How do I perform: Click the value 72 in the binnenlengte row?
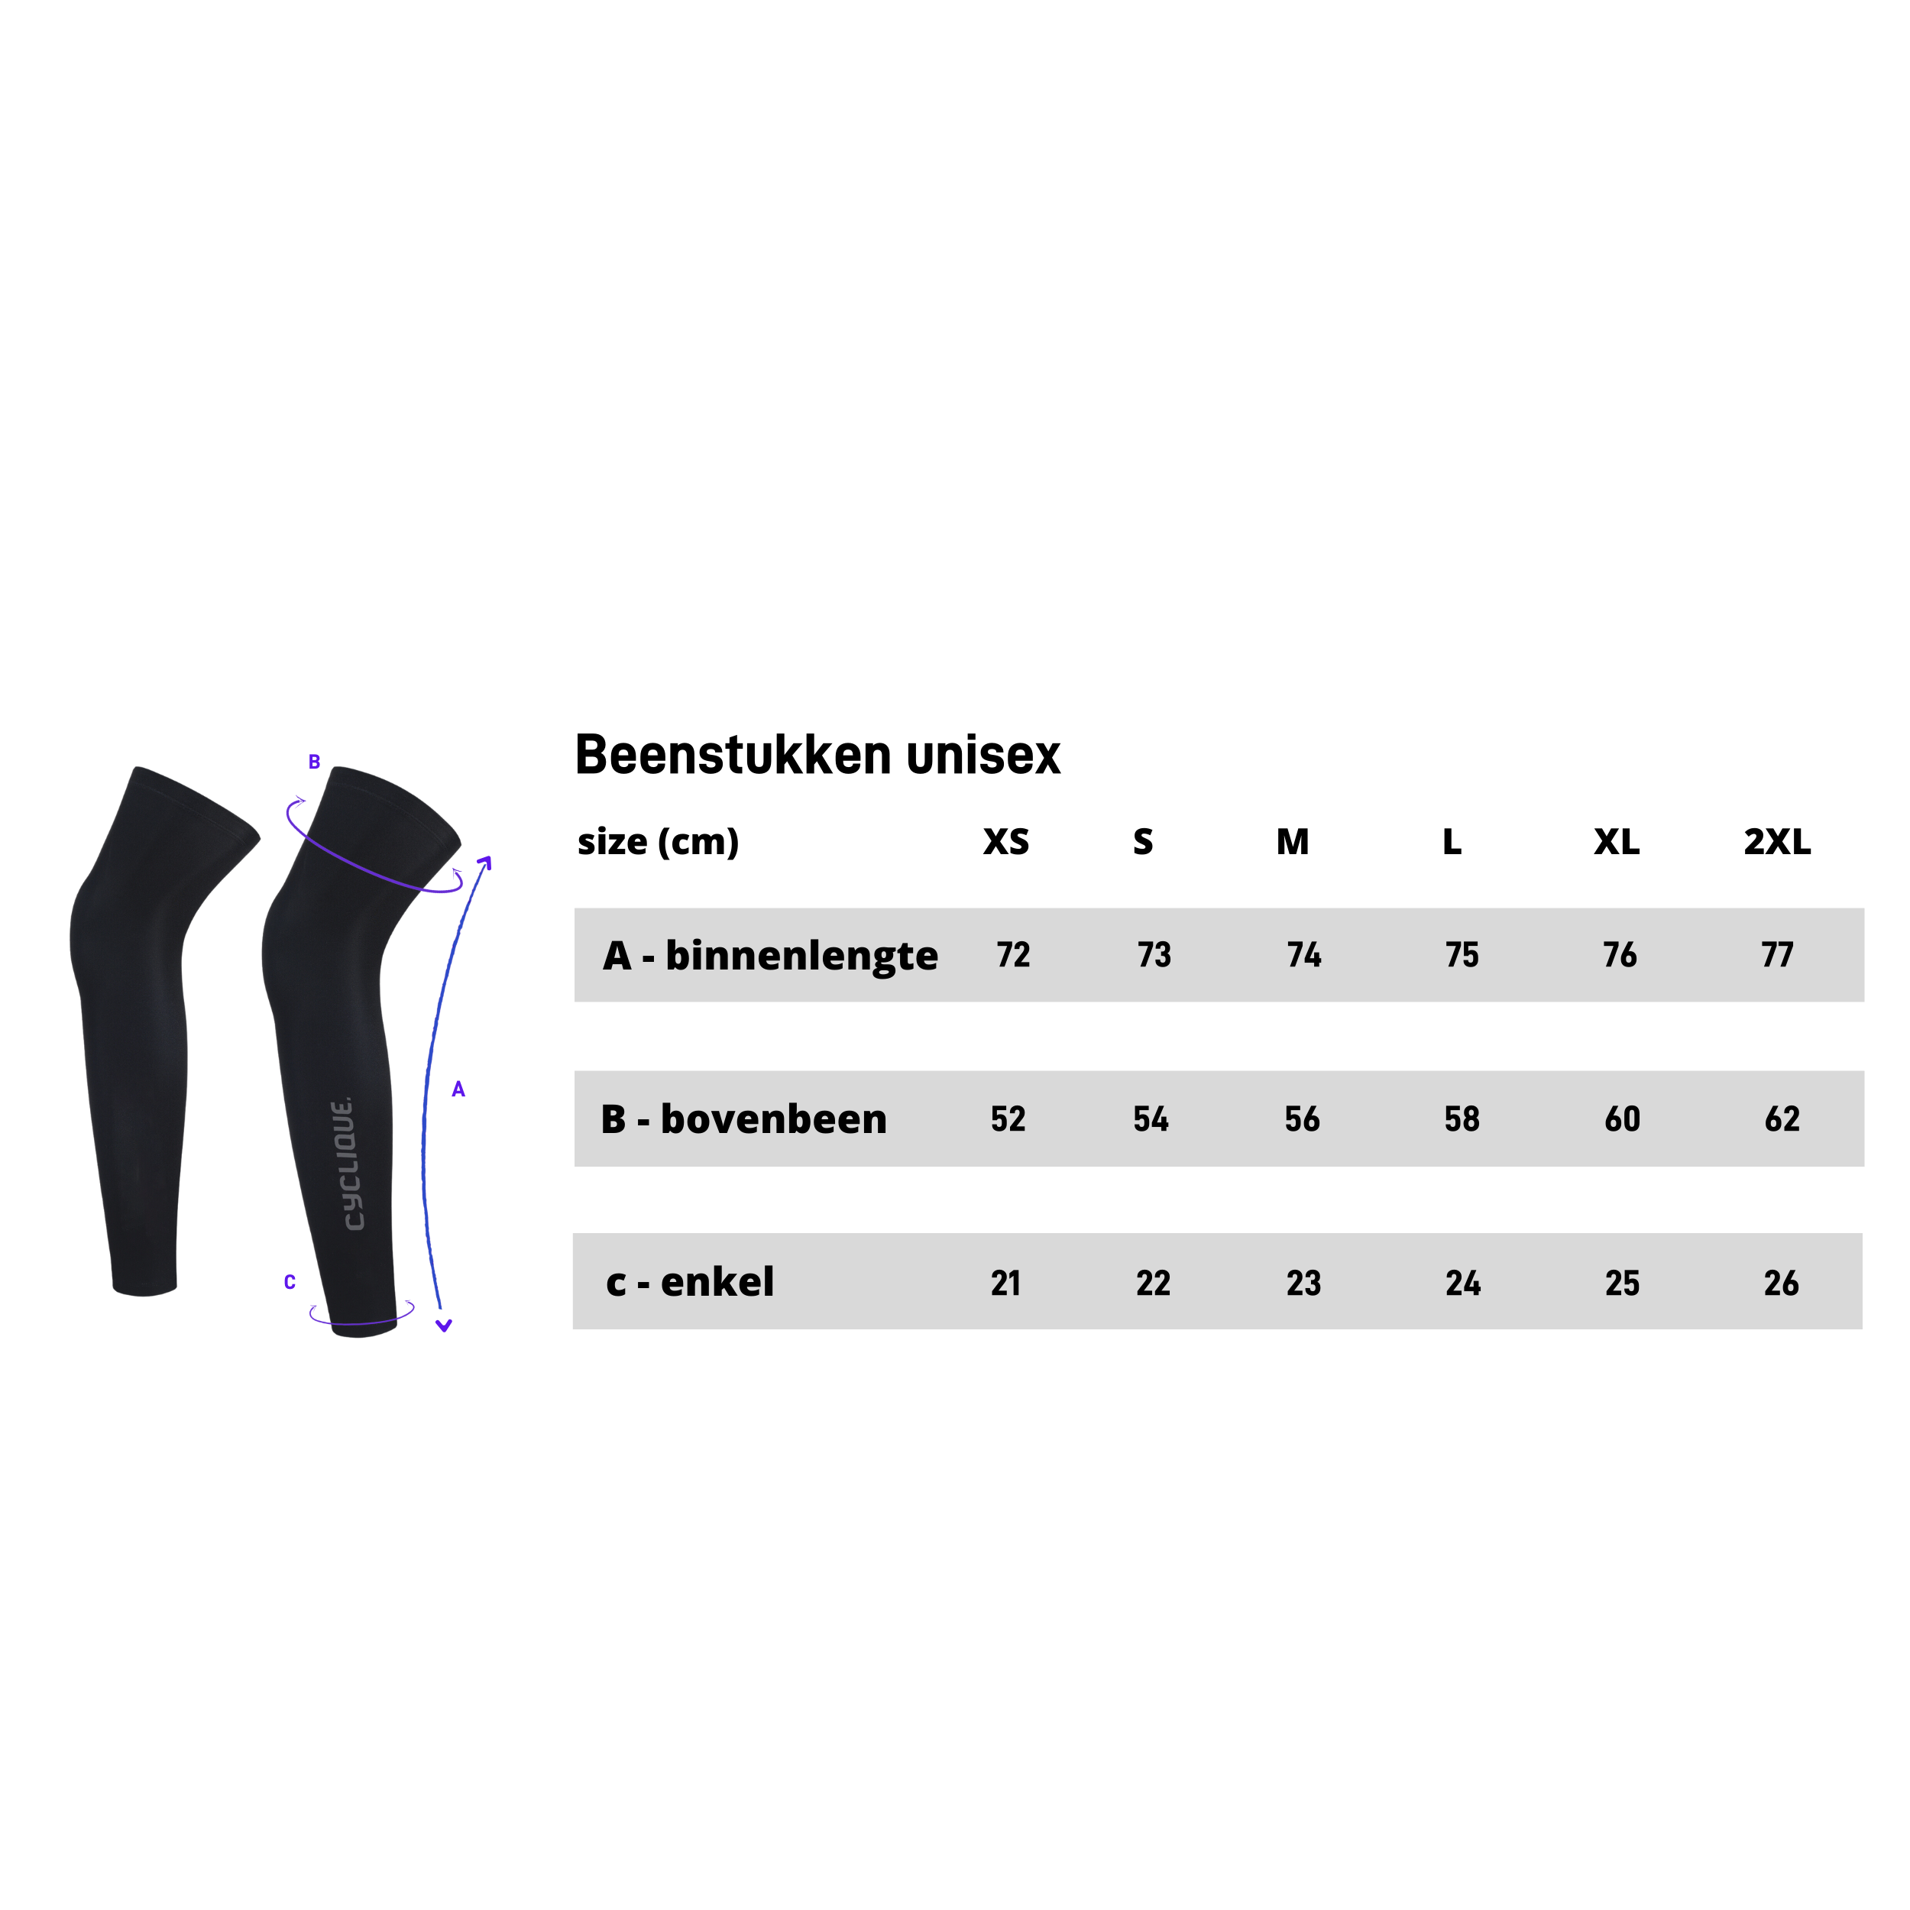(x=1013, y=955)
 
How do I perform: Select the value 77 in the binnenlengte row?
(x=1776, y=955)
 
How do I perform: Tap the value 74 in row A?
(x=1304, y=955)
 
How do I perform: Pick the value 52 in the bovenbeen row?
(x=1008, y=1119)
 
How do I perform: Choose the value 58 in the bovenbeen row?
(x=1462, y=1119)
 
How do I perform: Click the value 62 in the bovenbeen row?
(x=1782, y=1119)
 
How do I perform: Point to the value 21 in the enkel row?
(x=1005, y=1284)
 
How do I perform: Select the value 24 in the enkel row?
(x=1463, y=1284)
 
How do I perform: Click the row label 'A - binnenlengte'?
(x=770, y=956)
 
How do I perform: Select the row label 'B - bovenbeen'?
(x=743, y=1119)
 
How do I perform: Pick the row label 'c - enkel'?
(x=690, y=1282)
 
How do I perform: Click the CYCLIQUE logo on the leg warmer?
(x=342, y=1164)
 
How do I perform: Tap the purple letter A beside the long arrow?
(x=458, y=1089)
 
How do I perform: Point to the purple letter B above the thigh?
(x=314, y=762)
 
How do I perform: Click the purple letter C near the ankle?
(x=290, y=1282)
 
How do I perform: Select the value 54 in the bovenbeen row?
(x=1151, y=1119)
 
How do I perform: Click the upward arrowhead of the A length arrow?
(x=484, y=863)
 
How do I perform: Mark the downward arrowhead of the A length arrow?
(x=444, y=1326)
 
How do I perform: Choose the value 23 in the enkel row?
(x=1304, y=1284)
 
